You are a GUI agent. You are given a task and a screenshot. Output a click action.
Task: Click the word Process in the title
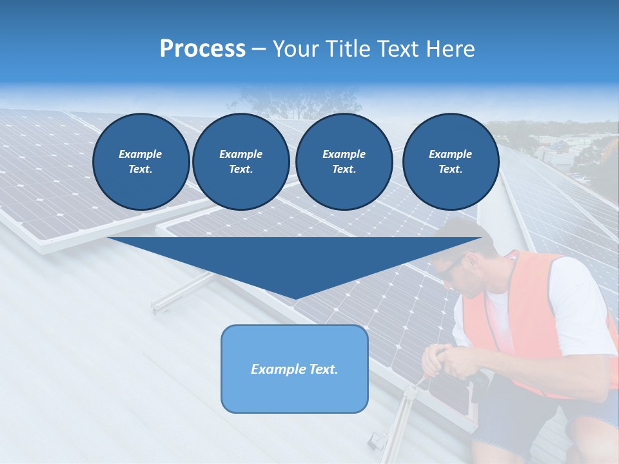202,49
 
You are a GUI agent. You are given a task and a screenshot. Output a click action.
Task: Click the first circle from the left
141,162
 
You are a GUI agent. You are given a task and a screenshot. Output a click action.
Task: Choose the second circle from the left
241,162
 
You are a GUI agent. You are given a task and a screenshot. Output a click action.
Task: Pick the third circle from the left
344,162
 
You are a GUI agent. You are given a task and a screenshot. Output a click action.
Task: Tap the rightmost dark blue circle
451,162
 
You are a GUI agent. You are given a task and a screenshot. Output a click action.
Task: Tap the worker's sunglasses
451,267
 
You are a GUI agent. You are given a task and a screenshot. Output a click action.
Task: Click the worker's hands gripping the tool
445,361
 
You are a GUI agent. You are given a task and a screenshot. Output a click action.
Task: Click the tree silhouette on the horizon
271,100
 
